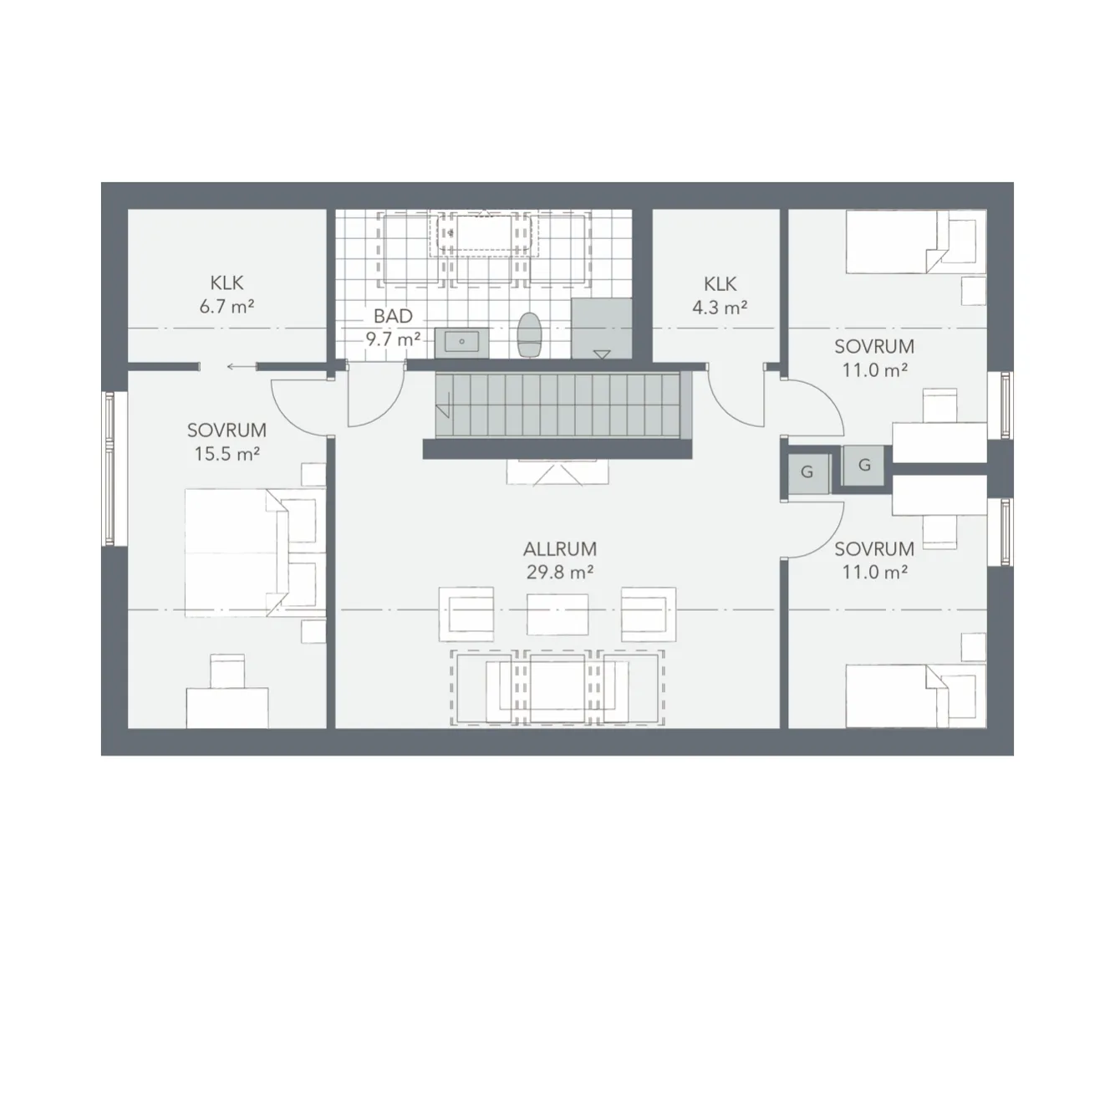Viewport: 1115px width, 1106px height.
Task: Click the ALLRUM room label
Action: [x=559, y=550]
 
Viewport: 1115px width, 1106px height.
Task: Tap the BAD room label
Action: [x=393, y=317]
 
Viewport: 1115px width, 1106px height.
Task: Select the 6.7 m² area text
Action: [x=227, y=306]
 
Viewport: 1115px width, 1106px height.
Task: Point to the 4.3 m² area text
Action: [x=720, y=307]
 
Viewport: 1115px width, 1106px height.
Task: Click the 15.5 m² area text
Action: [x=227, y=453]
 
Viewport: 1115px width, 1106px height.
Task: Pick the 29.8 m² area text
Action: [x=559, y=573]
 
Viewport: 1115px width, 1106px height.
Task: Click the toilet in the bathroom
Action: [x=529, y=334]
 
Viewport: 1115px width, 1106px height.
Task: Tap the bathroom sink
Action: [x=461, y=341]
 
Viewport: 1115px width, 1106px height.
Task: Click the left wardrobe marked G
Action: [x=807, y=472]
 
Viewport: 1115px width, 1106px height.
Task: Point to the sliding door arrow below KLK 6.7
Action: [x=240, y=365]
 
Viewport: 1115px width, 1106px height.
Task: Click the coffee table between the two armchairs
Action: [x=557, y=614]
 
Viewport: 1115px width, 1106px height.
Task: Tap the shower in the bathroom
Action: [x=601, y=328]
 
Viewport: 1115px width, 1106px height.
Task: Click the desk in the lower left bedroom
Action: [x=227, y=707]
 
